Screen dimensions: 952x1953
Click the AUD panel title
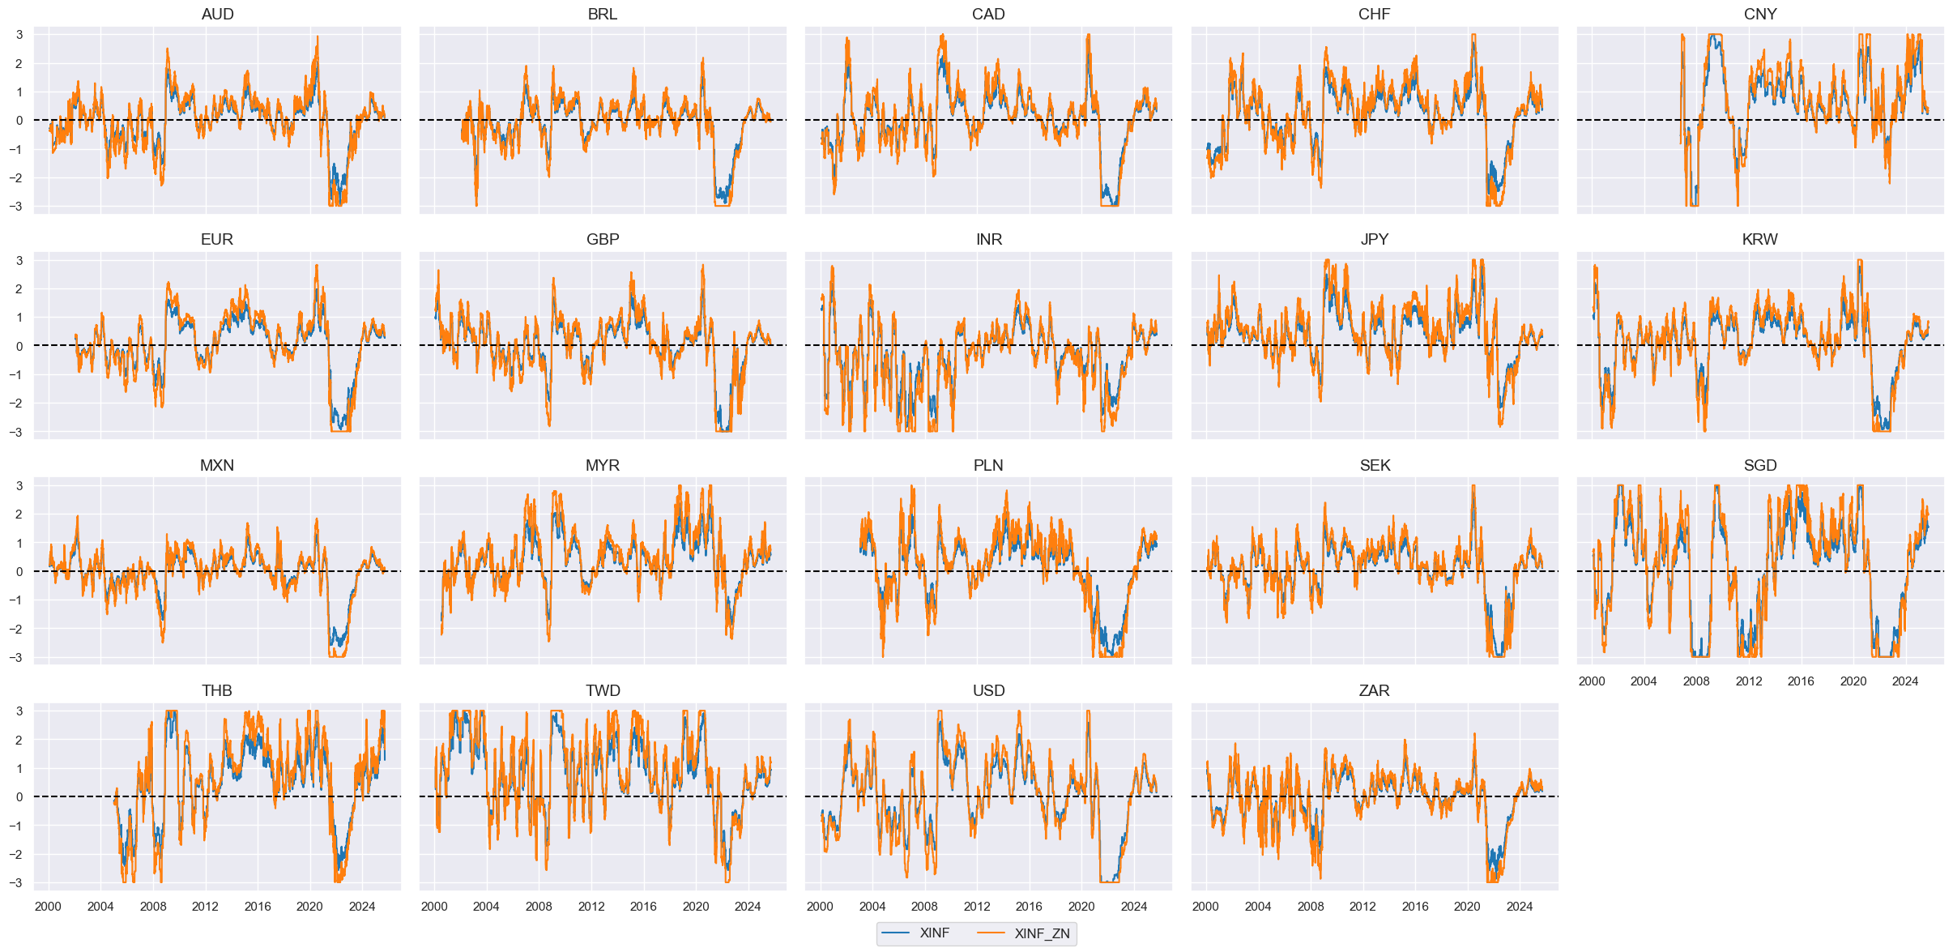pyautogui.click(x=217, y=14)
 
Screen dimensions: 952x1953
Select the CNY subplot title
pyautogui.click(x=1760, y=14)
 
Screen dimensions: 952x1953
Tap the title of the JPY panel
pyautogui.click(x=1375, y=239)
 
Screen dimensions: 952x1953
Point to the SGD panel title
pyautogui.click(x=1760, y=465)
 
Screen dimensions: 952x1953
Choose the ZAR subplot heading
pyautogui.click(x=1375, y=690)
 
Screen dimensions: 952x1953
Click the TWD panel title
pyautogui.click(x=603, y=690)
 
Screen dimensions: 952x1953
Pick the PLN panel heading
pyautogui.click(x=988, y=465)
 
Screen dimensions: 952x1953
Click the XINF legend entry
pyautogui.click(x=934, y=933)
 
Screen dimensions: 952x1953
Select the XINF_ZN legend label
pyautogui.click(x=1042, y=933)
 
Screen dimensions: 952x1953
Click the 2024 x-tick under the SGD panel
pyautogui.click(x=1905, y=681)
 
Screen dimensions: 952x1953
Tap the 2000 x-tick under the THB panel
pyautogui.click(x=48, y=907)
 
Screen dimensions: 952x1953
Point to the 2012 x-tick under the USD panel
pyautogui.click(x=977, y=907)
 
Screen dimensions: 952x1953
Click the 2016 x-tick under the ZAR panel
pyautogui.click(x=1415, y=907)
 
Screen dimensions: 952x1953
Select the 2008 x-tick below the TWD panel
pyautogui.click(x=539, y=907)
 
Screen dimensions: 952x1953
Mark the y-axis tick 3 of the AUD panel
pyautogui.click(x=19, y=35)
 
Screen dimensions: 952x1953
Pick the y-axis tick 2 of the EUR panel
pyautogui.click(x=19, y=289)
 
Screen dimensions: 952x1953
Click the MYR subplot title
pyautogui.click(x=603, y=465)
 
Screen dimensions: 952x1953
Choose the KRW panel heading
pyautogui.click(x=1760, y=239)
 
